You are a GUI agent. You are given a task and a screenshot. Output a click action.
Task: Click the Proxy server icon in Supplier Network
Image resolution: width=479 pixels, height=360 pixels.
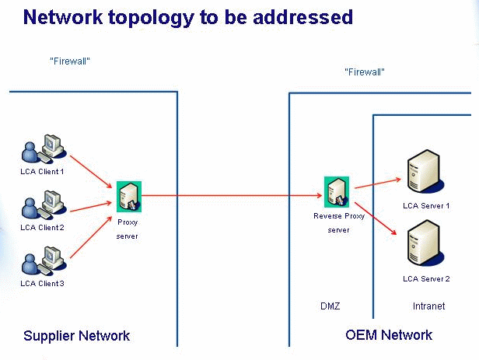tap(128, 195)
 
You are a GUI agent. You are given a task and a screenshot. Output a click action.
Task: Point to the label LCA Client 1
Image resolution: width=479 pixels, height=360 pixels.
tap(42, 171)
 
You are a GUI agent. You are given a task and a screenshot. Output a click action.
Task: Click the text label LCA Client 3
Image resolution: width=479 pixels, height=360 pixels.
tap(42, 283)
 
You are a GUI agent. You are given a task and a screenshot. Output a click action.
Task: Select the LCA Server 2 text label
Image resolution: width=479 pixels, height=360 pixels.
tap(426, 278)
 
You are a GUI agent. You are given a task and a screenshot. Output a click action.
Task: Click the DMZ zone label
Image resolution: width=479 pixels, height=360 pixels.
tap(330, 306)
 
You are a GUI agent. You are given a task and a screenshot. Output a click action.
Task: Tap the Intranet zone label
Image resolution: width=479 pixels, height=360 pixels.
tap(428, 306)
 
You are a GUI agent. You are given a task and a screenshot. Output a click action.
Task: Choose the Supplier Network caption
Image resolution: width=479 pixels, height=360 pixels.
tap(76, 336)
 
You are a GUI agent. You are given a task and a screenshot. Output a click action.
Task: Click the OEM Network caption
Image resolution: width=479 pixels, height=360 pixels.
tap(388, 335)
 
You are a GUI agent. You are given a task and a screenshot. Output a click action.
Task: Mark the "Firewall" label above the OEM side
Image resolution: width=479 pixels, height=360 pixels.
tap(365, 72)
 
